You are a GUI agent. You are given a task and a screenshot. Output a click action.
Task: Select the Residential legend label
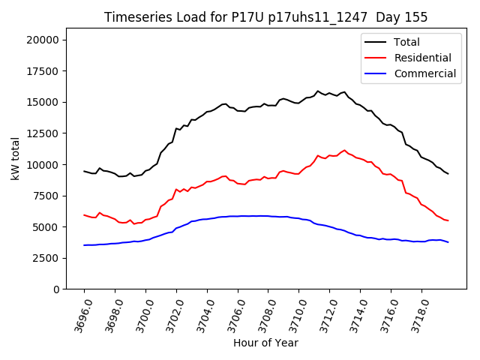tap(422, 58)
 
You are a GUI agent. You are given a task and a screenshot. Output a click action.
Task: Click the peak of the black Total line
tap(318, 91)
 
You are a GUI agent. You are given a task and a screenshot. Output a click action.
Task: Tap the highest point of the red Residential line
tap(345, 150)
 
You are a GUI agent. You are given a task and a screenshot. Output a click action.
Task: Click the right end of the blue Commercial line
tap(448, 242)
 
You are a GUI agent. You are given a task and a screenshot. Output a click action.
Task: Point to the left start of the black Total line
tap(84, 171)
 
